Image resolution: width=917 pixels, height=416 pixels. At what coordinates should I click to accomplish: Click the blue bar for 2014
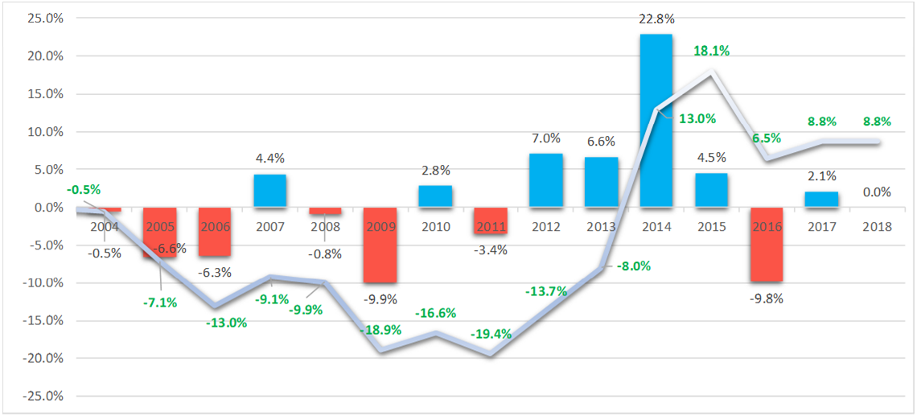tap(656, 121)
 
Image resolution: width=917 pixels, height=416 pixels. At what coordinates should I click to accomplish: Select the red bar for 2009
tap(380, 245)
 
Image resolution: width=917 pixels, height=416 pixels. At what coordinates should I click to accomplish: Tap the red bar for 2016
tap(766, 245)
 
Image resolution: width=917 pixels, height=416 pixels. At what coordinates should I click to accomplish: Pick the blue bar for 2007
tap(270, 191)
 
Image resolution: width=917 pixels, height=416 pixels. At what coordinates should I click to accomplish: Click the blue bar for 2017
tap(821, 200)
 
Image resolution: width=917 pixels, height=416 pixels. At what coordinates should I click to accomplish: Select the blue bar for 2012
tap(545, 180)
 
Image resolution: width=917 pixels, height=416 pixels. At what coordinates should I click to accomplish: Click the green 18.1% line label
tap(711, 51)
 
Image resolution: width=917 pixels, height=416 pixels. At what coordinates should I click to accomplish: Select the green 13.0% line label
tap(697, 118)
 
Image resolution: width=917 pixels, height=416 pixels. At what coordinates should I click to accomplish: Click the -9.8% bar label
tap(766, 297)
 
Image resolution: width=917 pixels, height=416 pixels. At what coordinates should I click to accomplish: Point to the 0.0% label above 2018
tap(876, 192)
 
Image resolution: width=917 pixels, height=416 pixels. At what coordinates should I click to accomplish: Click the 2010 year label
tap(435, 227)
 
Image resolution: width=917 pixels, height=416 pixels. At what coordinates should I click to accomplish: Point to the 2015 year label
tap(711, 227)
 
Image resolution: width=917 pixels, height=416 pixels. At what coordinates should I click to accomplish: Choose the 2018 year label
tap(876, 227)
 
